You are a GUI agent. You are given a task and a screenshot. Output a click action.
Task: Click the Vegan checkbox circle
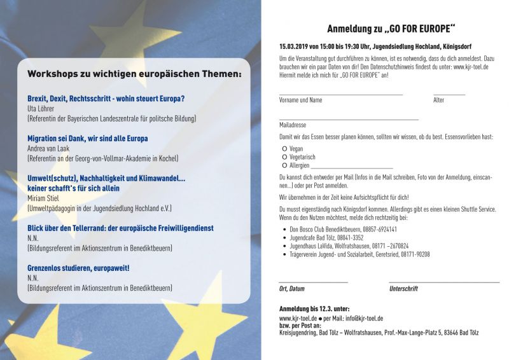283,148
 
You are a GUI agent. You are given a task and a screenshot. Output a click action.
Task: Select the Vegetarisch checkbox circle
283,156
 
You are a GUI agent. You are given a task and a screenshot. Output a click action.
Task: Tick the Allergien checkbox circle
283,165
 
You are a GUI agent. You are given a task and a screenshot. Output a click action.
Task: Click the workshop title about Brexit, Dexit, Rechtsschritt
106,99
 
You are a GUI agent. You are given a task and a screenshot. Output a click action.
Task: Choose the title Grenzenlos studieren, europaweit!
78,268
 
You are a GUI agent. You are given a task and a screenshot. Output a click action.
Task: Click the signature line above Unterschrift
443,282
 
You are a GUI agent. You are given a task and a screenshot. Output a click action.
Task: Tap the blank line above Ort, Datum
313,282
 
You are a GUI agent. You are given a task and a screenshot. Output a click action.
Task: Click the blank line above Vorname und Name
341,95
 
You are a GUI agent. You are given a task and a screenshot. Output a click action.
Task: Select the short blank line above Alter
449,95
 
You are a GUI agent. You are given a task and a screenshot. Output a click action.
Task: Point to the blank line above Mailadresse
349,120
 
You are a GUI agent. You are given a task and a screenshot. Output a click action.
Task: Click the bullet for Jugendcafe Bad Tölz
283,237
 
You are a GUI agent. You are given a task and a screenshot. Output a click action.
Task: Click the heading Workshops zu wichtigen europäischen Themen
134,74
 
